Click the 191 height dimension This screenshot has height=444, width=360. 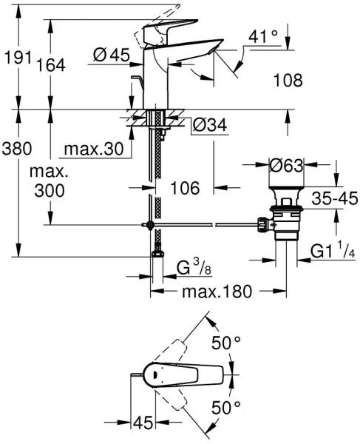18,58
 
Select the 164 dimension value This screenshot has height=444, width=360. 51,65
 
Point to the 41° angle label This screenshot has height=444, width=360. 263,36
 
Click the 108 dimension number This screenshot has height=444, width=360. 288,80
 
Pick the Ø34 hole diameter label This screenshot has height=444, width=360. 209,124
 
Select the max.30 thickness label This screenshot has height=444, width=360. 94,149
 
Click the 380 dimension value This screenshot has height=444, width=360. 17,149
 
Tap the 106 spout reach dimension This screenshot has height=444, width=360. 185,188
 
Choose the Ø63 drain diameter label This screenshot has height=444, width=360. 286,165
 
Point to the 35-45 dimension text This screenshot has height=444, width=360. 335,198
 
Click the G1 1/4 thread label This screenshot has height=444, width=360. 333,251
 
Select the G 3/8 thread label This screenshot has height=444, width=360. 194,268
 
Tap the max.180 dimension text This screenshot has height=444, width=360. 217,292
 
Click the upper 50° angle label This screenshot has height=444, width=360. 226,343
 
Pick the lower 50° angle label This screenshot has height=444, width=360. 226,408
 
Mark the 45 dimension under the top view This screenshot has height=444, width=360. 143,423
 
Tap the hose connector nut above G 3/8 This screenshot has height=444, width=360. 157,254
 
